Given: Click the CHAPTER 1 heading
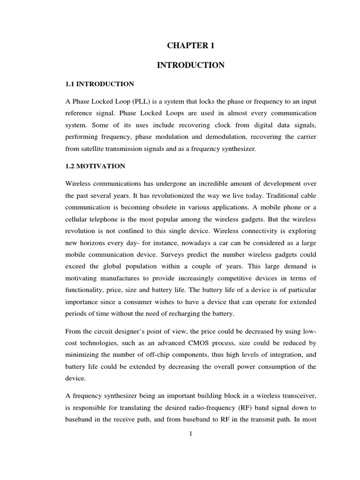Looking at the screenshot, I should click(x=190, y=46).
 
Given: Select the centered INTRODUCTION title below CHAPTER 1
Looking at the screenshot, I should click(x=190, y=65).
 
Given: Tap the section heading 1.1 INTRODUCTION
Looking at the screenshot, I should click(x=99, y=84).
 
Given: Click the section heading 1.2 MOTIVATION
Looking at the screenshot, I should click(x=95, y=166).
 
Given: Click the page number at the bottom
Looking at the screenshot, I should click(x=191, y=434).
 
